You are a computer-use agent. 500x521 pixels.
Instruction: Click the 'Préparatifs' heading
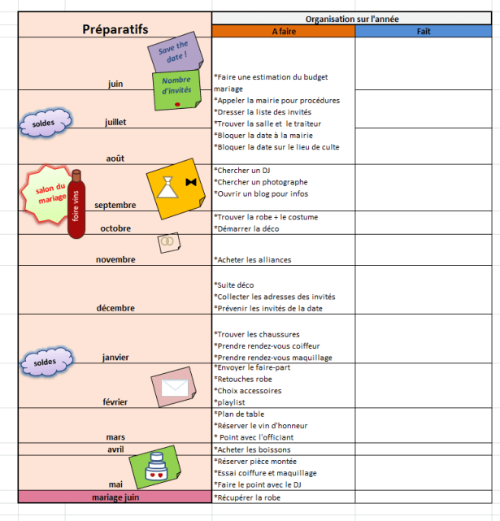click(115, 30)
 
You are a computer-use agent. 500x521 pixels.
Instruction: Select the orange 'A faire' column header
click(284, 31)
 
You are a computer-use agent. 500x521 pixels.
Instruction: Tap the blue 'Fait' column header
click(424, 31)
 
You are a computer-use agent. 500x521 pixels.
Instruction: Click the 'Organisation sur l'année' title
click(352, 18)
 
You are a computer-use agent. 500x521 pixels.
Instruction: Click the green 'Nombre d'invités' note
click(176, 89)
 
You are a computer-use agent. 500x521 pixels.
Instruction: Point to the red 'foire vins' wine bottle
click(76, 204)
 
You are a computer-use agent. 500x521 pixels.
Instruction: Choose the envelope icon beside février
click(174, 387)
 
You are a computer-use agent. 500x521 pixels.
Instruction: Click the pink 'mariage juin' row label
click(115, 497)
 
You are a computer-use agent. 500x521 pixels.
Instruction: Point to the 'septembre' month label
click(115, 206)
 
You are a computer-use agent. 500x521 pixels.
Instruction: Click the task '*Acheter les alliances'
click(252, 260)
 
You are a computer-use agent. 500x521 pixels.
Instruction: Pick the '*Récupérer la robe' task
click(247, 497)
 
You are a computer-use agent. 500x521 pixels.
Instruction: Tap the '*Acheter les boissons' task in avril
click(252, 449)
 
